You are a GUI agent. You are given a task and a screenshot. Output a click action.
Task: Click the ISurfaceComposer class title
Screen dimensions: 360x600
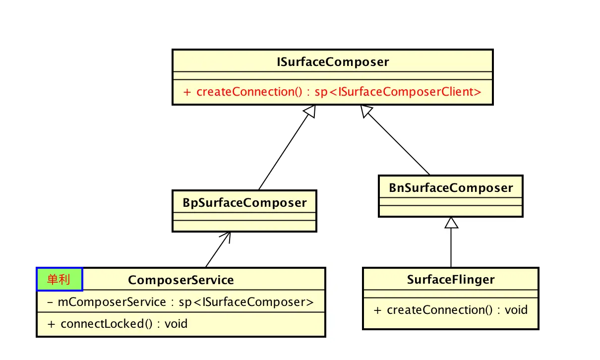(x=332, y=62)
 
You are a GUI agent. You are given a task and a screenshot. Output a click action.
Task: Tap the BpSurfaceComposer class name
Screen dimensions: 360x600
(x=244, y=202)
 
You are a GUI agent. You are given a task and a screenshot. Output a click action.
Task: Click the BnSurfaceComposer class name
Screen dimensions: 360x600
(x=451, y=188)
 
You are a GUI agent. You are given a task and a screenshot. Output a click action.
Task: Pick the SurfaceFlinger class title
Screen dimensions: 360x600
(x=451, y=280)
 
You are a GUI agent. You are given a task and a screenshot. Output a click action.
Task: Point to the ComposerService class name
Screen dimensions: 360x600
(x=181, y=280)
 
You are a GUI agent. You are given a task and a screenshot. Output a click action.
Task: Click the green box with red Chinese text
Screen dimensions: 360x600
(x=59, y=280)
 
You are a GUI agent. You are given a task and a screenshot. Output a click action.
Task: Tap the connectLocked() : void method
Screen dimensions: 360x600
(x=118, y=324)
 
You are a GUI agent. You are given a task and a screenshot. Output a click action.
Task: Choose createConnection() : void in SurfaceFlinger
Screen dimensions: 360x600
(x=450, y=310)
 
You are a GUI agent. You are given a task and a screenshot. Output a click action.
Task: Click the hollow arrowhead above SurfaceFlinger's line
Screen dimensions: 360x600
(x=451, y=223)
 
